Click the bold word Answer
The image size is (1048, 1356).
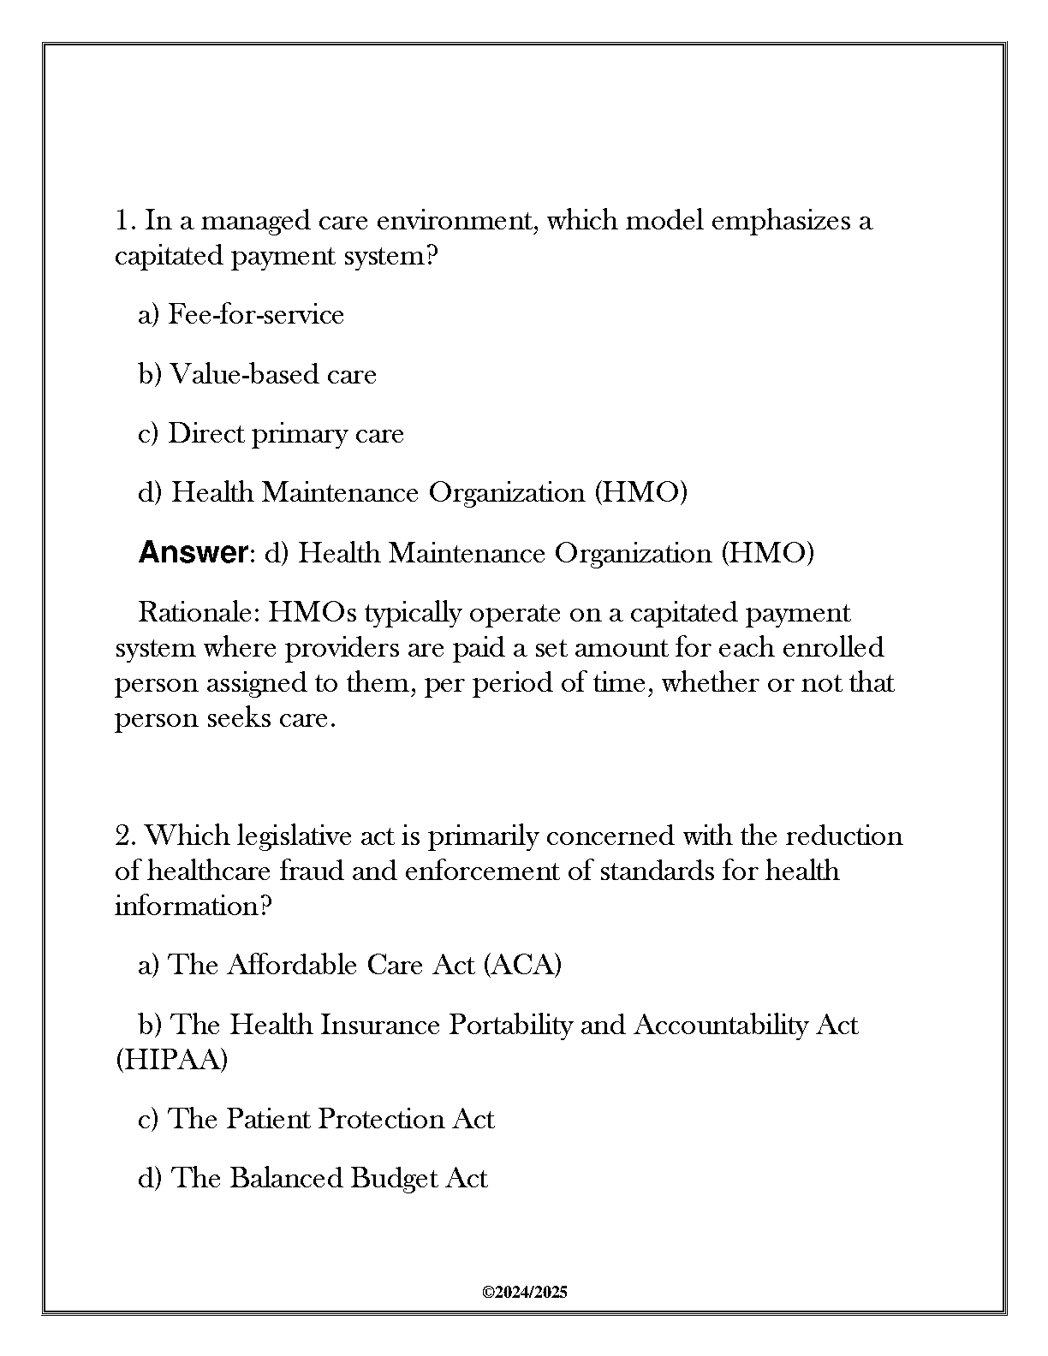tap(192, 553)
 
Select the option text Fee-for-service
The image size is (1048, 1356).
tap(256, 315)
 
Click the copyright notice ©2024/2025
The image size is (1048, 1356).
tap(525, 1292)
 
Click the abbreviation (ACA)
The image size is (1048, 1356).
tap(522, 965)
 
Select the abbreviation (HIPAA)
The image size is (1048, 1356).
tap(171, 1060)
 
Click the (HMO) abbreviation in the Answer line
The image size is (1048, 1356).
tap(767, 553)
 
